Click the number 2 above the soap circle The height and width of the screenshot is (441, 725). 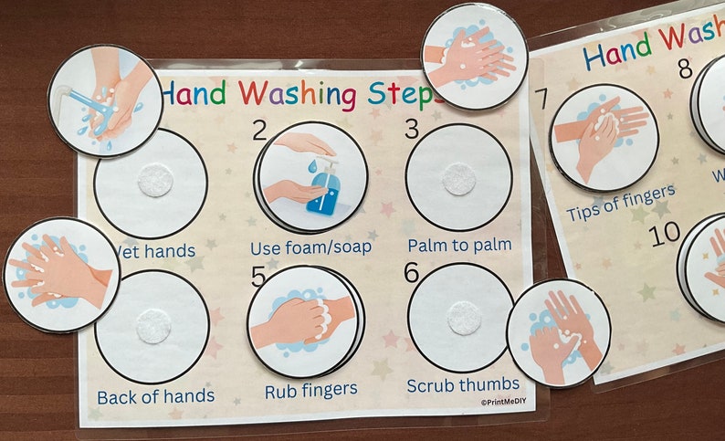click(x=260, y=131)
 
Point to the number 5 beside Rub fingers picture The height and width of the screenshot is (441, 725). click(x=258, y=275)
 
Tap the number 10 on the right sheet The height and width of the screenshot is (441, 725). click(x=666, y=233)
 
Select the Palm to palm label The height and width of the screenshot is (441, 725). click(x=458, y=245)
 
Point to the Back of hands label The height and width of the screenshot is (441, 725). click(x=156, y=396)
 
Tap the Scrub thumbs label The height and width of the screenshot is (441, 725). click(x=463, y=383)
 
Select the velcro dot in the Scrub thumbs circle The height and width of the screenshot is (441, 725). click(x=464, y=319)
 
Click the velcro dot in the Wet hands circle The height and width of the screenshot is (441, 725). click(x=155, y=182)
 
